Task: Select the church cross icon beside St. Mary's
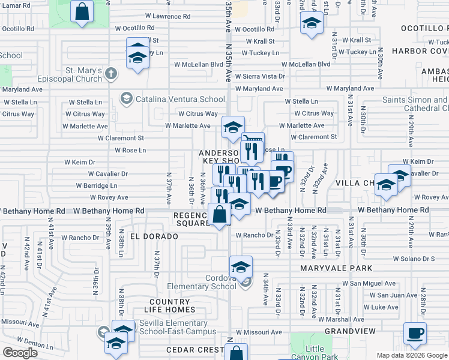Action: tap(110, 74)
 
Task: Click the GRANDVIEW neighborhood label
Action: tap(350, 331)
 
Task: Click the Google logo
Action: tap(20, 353)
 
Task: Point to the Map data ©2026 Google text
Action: tap(412, 355)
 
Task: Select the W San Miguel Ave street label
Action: tap(369, 283)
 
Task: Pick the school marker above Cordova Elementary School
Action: tap(241, 266)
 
